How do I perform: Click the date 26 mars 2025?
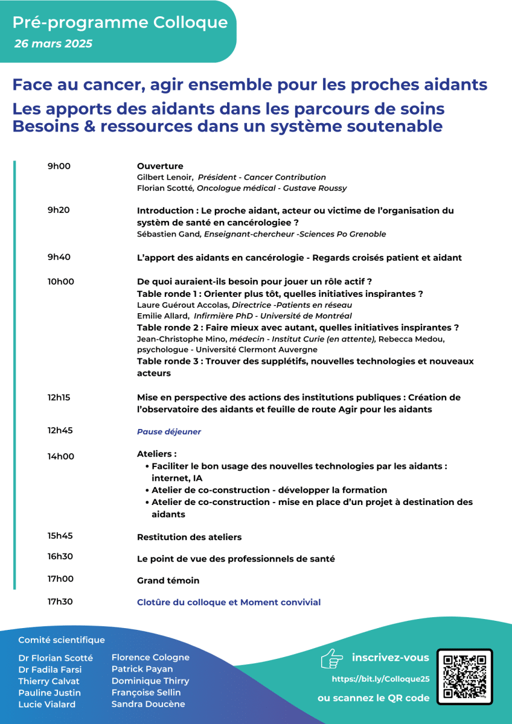pos(53,44)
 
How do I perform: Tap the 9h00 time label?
pos(59,167)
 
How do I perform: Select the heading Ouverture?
pos(160,167)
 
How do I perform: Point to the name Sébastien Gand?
pos(164,234)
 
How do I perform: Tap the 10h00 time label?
pos(61,282)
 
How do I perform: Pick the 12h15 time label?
pos(59,398)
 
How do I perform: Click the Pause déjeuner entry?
pos(169,432)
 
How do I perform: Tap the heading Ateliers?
pos(156,454)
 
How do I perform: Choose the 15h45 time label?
pos(60,536)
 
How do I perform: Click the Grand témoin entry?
pos(168,581)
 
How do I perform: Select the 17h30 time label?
pos(60,602)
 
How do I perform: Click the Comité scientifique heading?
pos(62,640)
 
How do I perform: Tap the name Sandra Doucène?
pos(149,704)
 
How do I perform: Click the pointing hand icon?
pos(331,659)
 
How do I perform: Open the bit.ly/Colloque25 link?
pos(380,679)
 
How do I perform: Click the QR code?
pos(464,677)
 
